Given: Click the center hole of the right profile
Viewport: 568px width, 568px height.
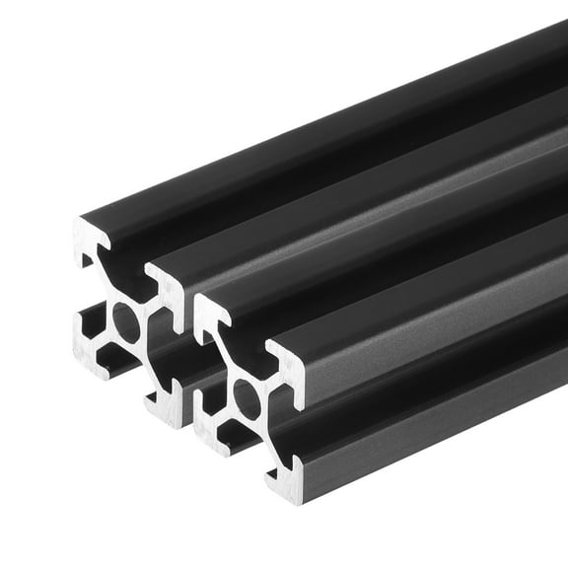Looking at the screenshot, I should coord(247,399).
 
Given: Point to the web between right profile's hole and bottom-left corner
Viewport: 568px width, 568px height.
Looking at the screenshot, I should coord(227,418).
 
